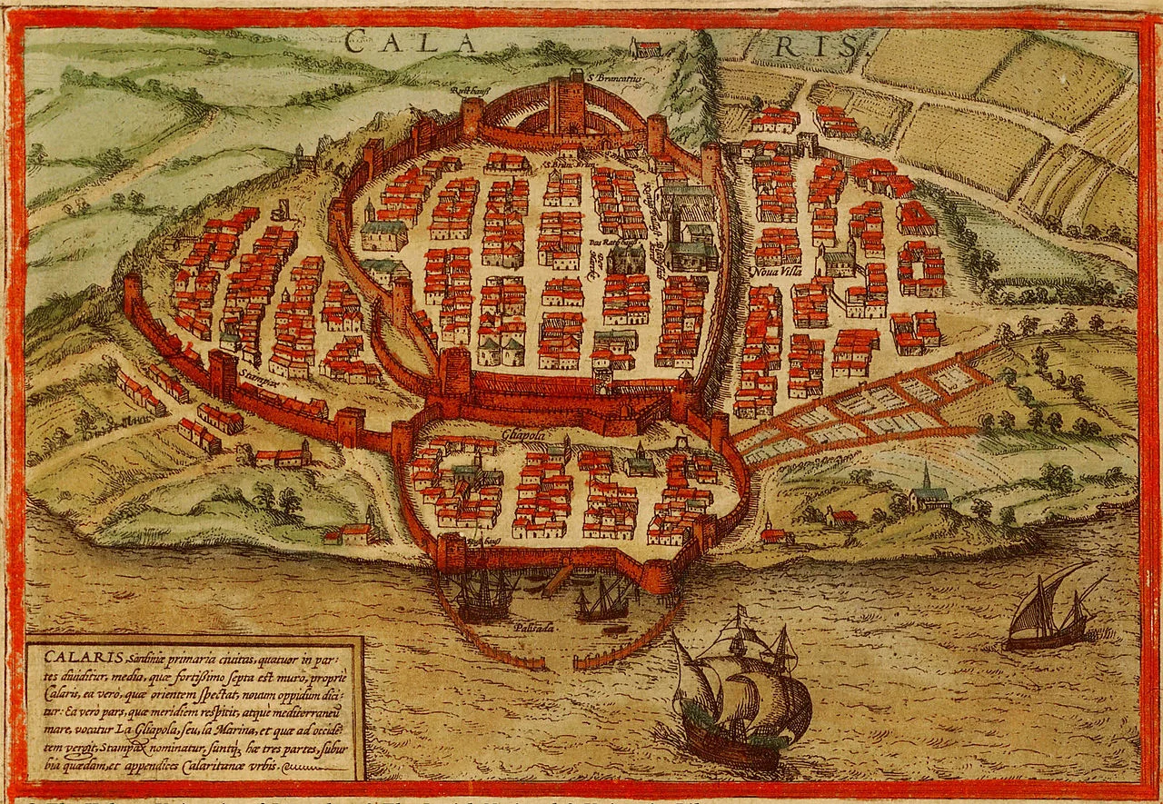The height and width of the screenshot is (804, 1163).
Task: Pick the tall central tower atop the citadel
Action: [x=564, y=103]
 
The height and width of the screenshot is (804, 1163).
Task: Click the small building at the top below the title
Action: [x=647, y=48]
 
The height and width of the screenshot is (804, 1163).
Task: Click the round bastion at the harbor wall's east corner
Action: [x=661, y=575]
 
